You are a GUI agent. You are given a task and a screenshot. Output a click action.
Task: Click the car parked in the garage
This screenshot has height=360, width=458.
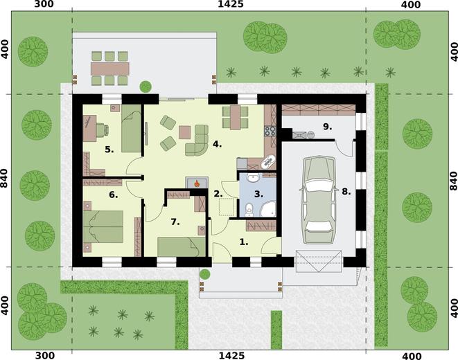pos(318,200)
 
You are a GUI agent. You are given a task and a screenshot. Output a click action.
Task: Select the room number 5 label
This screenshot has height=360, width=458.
pos(109,150)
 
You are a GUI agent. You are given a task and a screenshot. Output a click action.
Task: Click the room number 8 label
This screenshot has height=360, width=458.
pos(346,192)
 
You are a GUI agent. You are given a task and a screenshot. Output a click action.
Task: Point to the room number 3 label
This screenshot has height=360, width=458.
pos(258,194)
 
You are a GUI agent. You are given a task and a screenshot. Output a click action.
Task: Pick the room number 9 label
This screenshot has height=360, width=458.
pos(328,127)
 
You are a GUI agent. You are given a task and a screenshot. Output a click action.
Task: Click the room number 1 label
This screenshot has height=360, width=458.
pos(244,242)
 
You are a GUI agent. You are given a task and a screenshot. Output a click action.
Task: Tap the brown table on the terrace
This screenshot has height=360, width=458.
pos(110,69)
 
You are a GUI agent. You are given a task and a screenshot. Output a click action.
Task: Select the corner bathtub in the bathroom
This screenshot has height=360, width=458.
pos(268,208)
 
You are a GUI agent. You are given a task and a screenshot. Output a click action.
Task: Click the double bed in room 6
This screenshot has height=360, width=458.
pos(103,226)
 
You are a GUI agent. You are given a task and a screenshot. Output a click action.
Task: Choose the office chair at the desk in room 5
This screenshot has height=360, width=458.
pos(103,129)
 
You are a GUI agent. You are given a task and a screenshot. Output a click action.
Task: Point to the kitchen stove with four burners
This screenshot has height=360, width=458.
pos(270,131)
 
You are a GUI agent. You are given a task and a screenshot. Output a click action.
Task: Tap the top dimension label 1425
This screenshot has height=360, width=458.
pos(231,4)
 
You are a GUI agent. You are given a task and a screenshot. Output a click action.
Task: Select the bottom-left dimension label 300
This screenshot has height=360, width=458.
pos(44,356)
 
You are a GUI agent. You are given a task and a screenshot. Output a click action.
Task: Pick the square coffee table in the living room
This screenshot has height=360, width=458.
pos(184,132)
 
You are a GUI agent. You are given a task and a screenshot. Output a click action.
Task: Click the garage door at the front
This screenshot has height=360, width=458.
pos(319,261)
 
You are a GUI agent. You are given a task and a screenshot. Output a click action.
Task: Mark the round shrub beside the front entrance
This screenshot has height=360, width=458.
pos(205,274)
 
